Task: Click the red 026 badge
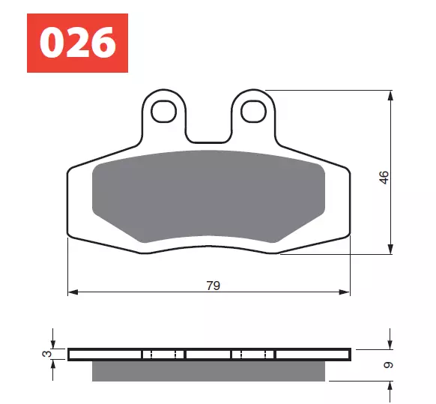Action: (x=77, y=43)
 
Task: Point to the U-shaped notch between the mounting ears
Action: (x=207, y=127)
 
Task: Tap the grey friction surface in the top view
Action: (x=208, y=199)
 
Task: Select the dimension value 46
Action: (x=384, y=178)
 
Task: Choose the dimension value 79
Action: (x=213, y=285)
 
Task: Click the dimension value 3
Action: (x=46, y=353)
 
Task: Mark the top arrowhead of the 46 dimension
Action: (x=391, y=95)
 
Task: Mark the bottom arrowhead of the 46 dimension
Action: (x=391, y=249)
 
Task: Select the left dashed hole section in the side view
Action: (x=163, y=354)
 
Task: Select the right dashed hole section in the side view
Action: (x=253, y=354)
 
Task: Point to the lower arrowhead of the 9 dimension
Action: (x=391, y=385)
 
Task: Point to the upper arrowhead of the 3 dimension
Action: (x=53, y=344)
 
